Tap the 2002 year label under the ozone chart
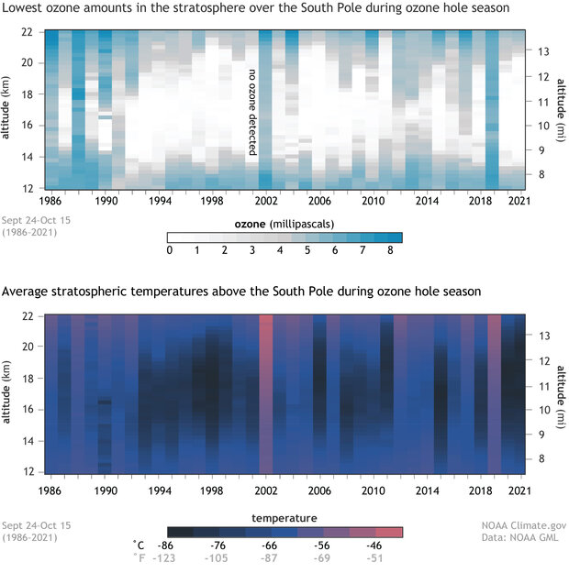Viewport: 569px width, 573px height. [x=265, y=199]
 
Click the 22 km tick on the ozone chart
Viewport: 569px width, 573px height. [x=27, y=32]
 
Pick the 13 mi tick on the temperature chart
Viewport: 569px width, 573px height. [x=541, y=336]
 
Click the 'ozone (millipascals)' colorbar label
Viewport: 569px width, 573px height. [x=285, y=223]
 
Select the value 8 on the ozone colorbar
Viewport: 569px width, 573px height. [x=391, y=249]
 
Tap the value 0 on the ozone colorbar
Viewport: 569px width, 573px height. [x=170, y=249]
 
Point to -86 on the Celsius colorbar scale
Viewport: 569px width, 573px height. [x=180, y=544]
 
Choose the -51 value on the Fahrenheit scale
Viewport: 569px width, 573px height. [x=391, y=556]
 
